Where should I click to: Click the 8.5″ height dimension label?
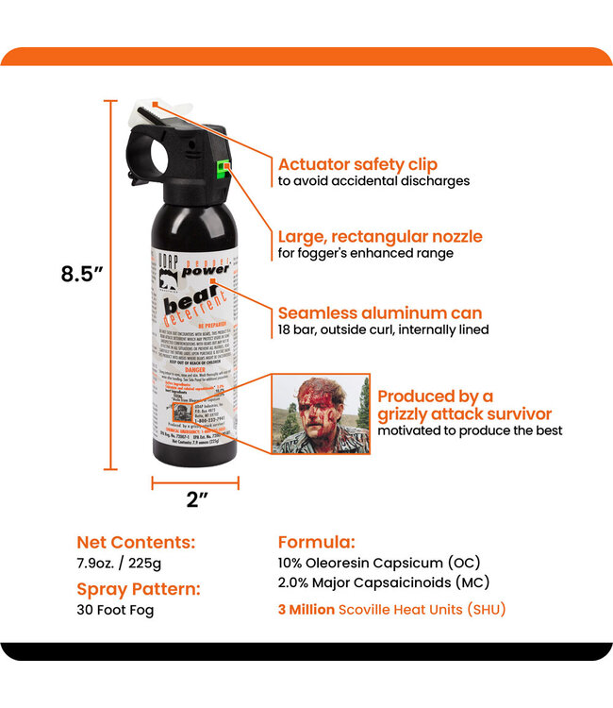tap(81, 274)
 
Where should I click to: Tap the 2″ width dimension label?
tap(196, 500)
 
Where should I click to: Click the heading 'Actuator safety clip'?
tap(356, 163)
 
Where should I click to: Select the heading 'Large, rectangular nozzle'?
tap(379, 236)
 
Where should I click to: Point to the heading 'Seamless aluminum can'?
tap(379, 312)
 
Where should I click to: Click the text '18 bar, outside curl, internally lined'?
tap(383, 330)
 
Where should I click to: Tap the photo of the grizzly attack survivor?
tap(320, 413)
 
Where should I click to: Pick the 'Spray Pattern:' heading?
tap(138, 589)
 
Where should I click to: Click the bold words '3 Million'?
tap(306, 610)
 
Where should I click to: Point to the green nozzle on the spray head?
tap(223, 170)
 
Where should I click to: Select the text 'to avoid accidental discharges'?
tap(373, 181)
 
